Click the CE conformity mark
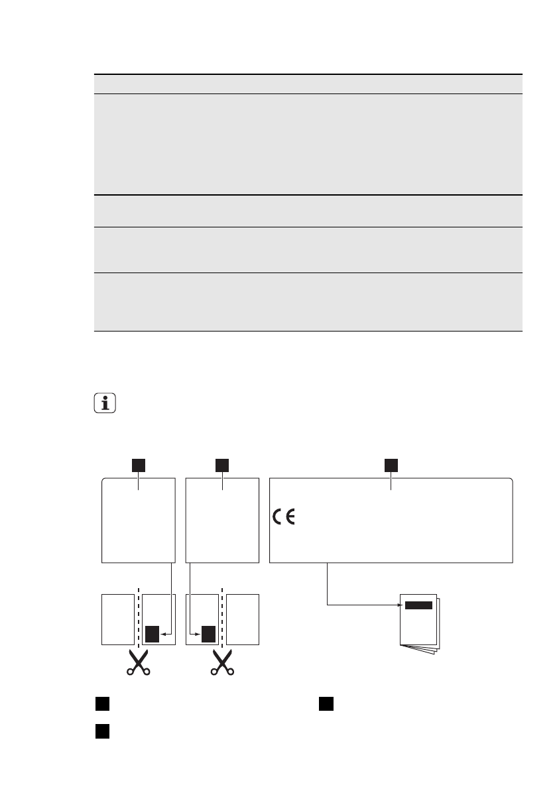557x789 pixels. tap(284, 518)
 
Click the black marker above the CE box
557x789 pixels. tap(391, 465)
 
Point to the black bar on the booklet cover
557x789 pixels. tap(418, 605)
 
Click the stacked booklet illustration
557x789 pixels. tap(419, 623)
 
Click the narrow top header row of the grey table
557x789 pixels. tap(307, 84)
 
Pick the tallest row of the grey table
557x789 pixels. tap(307, 144)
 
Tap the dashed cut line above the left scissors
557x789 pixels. tap(138, 617)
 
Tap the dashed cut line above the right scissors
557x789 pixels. tap(222, 617)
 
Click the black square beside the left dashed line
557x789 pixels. tap(153, 635)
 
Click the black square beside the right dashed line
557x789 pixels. tap(208, 635)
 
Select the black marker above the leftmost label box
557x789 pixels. tap(138, 465)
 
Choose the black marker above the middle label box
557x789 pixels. tap(222, 465)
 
